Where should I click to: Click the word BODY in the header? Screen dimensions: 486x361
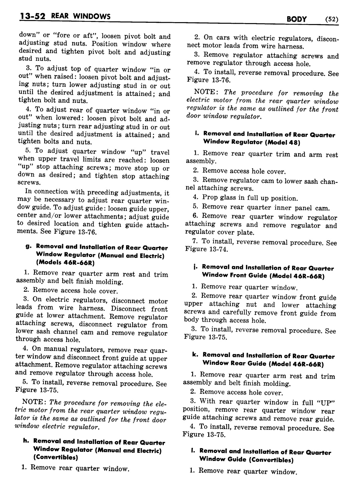coord(296,19)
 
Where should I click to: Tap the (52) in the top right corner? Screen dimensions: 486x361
coord(331,19)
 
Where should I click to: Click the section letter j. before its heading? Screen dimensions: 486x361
coord(195,267)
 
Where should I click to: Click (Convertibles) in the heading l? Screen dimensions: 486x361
coord(272,460)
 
